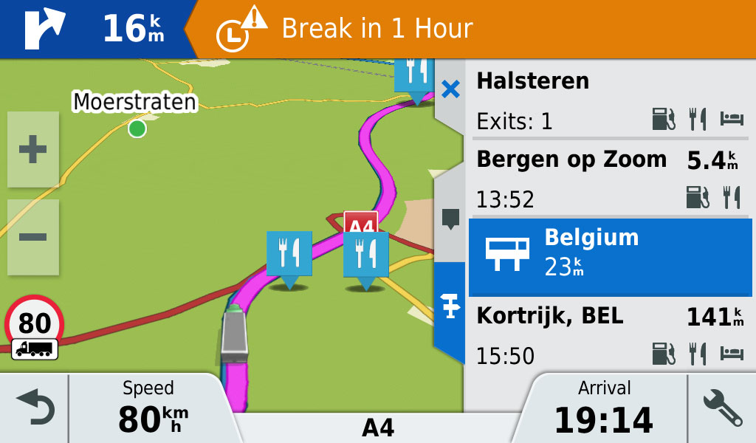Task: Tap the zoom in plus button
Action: pyautogui.click(x=32, y=150)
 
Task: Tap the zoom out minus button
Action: pyautogui.click(x=32, y=237)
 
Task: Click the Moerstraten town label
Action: pyautogui.click(x=135, y=101)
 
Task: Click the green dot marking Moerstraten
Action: pyautogui.click(x=137, y=128)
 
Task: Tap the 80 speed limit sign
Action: pyautogui.click(x=35, y=323)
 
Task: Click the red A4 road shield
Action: pyautogui.click(x=360, y=224)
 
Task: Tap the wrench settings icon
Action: pyautogui.click(x=722, y=409)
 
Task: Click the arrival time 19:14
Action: pyautogui.click(x=604, y=419)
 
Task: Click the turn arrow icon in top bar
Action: pyautogui.click(x=44, y=28)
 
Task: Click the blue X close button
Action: pyautogui.click(x=450, y=90)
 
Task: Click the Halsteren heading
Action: pyautogui.click(x=533, y=80)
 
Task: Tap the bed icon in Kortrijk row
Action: pyautogui.click(x=732, y=354)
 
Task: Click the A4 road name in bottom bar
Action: pyautogui.click(x=377, y=427)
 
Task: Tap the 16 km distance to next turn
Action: pyautogui.click(x=133, y=29)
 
